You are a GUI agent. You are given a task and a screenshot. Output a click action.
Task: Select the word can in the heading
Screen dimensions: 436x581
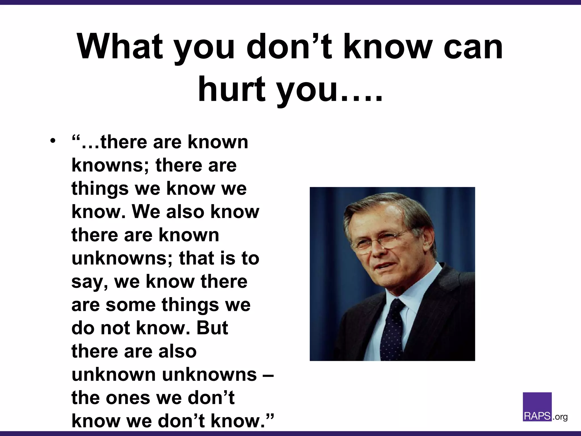(x=473, y=47)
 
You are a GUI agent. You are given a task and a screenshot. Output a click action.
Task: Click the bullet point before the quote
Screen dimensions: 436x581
(x=52, y=141)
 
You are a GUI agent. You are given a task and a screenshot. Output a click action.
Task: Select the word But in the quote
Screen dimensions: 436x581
(x=212, y=328)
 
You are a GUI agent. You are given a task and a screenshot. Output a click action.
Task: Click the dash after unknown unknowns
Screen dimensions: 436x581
(x=270, y=375)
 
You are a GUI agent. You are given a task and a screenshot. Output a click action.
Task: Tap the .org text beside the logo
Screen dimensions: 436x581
(x=560, y=417)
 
